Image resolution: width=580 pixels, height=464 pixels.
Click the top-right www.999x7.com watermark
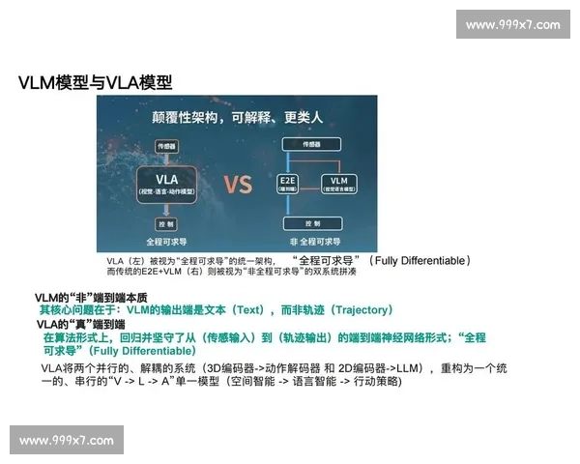512,24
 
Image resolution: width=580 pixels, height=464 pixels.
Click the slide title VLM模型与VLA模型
95,83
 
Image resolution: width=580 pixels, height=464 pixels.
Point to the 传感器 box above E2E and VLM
311,143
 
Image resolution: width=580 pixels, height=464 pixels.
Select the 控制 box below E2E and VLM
311,222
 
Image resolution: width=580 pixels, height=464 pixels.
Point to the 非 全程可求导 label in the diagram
311,242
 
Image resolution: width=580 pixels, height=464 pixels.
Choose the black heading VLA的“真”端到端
88,324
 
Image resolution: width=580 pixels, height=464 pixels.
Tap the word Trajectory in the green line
359,310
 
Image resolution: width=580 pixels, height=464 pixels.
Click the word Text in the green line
248,310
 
